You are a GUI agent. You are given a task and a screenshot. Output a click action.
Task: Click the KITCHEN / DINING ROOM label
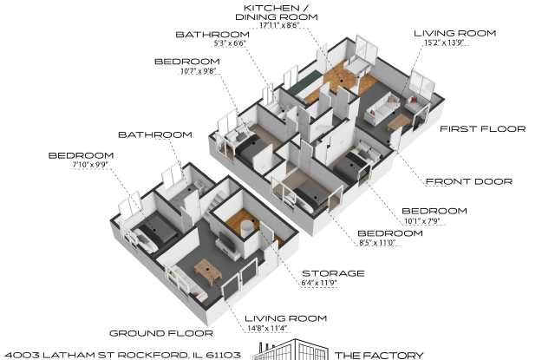pos(277,12)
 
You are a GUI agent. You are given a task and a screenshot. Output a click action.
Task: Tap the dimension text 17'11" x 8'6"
pos(279,25)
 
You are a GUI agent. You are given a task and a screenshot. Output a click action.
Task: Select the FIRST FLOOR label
pos(482,129)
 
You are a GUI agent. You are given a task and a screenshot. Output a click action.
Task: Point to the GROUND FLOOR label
pos(161,333)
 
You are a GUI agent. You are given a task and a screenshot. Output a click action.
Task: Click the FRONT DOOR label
pos(469,182)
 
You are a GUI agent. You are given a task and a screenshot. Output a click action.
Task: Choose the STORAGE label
pos(333,273)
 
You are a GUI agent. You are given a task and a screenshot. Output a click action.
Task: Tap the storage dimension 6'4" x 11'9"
pos(318,283)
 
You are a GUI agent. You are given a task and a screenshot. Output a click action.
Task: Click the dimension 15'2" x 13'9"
pos(444,43)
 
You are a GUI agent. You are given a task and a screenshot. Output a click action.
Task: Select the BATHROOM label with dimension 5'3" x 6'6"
pos(212,35)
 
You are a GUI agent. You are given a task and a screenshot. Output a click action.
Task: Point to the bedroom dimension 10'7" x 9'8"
pos(198,71)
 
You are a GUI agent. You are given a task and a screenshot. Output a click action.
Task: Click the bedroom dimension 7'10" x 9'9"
pos(90,165)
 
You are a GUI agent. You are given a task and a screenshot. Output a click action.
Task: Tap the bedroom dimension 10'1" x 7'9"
pos(422,221)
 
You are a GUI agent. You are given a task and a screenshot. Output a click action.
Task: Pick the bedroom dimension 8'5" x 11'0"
pos(377,243)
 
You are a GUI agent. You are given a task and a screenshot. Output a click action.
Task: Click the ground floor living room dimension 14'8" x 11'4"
pos(267,329)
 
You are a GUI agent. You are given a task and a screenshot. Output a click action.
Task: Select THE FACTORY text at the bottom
pos(379,355)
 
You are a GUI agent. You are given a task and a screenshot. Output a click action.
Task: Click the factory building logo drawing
pos(291,350)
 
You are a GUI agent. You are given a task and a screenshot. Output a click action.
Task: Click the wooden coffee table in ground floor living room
pos(208,272)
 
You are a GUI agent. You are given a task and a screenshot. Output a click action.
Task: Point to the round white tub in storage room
pos(247,227)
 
